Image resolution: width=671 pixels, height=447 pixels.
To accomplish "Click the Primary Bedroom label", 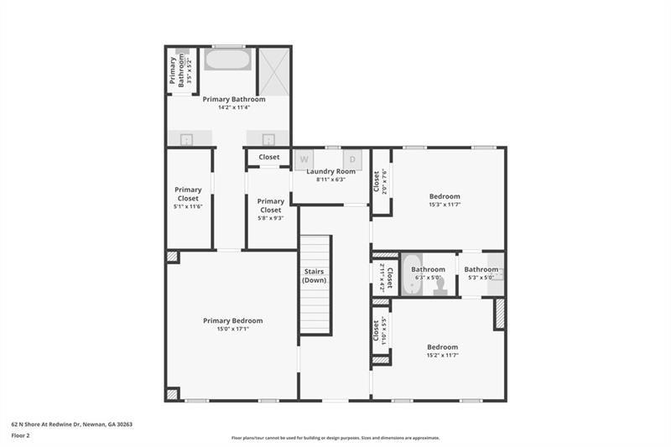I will click(x=232, y=320).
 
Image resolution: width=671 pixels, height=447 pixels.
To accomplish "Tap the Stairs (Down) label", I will click(x=315, y=276).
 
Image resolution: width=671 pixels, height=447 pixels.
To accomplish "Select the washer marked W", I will click(x=304, y=159).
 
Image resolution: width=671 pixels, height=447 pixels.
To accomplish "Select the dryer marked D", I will click(x=352, y=159).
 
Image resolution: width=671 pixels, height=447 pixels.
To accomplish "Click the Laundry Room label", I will click(x=330, y=171).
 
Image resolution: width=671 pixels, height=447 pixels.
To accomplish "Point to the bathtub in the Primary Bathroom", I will click(x=227, y=60).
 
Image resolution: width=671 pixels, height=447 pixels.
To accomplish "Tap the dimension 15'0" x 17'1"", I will click(x=232, y=329).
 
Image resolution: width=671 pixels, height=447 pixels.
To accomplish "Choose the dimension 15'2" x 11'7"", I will click(x=442, y=355).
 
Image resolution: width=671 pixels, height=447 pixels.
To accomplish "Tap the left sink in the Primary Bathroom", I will click(x=187, y=139).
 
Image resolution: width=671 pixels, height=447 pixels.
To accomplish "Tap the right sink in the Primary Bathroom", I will click(x=268, y=139).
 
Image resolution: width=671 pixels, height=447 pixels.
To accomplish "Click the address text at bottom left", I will click(x=71, y=424).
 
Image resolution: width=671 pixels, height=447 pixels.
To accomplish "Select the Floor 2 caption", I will click(x=20, y=436).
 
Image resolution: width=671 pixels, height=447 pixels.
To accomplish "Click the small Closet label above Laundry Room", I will click(x=269, y=157).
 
